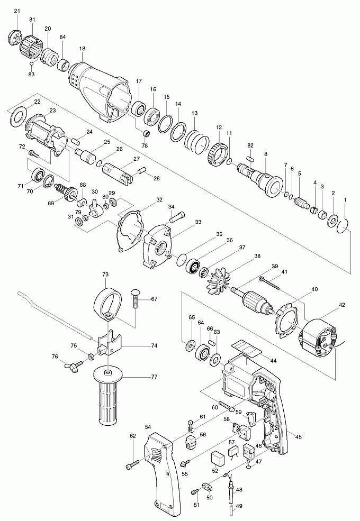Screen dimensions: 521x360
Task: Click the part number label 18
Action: (82, 49)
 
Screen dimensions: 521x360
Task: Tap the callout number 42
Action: (342, 306)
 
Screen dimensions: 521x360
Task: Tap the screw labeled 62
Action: (131, 465)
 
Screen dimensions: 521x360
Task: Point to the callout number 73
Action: (105, 275)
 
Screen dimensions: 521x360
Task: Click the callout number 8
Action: (266, 154)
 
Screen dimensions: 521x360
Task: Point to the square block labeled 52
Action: (217, 458)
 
